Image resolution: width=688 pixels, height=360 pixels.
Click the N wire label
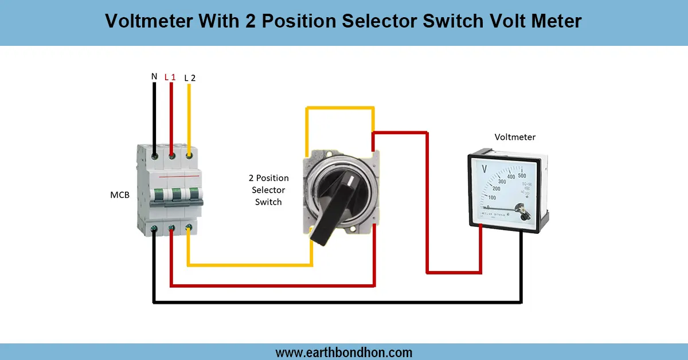[x=154, y=76]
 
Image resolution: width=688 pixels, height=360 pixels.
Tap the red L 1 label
[x=170, y=77]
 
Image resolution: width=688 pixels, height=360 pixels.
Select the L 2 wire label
[x=190, y=77]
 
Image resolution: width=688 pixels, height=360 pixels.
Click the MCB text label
[x=120, y=195]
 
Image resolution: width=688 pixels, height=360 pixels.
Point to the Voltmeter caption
[x=515, y=137]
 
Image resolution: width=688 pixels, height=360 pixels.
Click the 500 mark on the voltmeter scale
[x=522, y=175]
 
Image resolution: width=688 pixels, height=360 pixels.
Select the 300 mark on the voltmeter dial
[x=502, y=181]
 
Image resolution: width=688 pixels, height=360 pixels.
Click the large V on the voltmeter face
[x=484, y=170]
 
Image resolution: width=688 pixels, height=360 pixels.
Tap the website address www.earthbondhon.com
[x=344, y=352]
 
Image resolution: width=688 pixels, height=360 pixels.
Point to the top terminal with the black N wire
[x=154, y=154]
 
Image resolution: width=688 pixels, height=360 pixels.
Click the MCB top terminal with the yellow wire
[x=189, y=154]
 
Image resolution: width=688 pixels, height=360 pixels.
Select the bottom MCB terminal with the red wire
[x=171, y=229]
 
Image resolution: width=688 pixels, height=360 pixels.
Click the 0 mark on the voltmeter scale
[x=488, y=207]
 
